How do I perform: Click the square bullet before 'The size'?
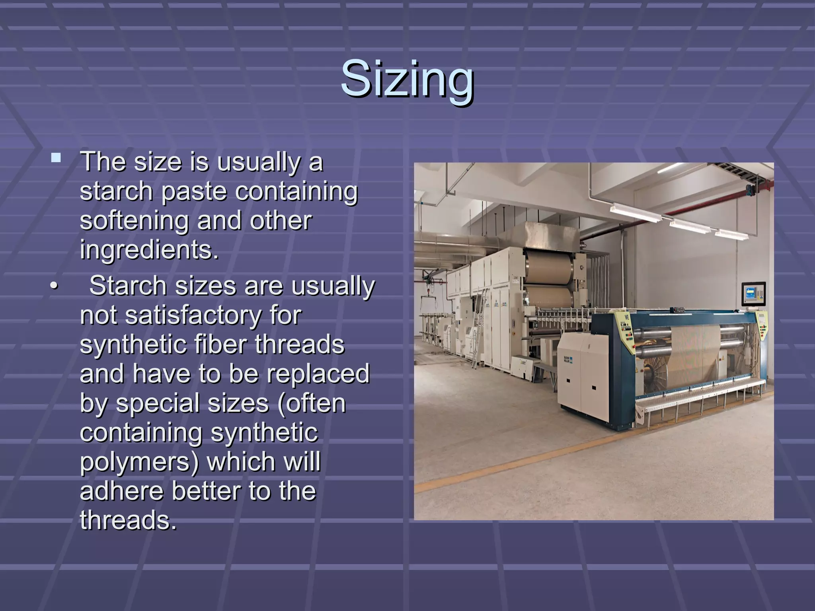(x=56, y=159)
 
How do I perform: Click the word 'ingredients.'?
(x=149, y=250)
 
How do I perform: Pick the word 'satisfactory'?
(x=193, y=315)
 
